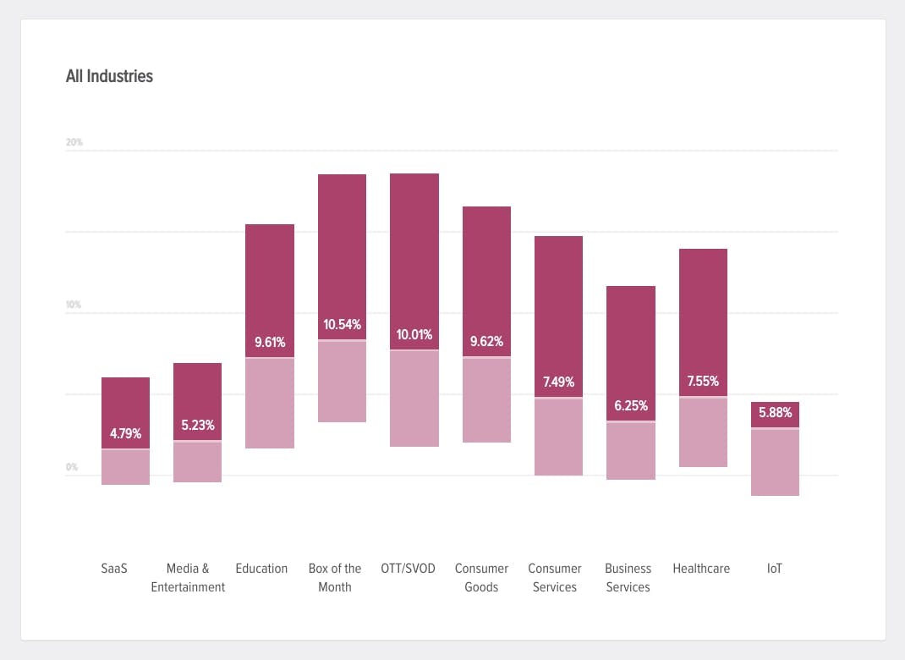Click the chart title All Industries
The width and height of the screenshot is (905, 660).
(x=109, y=76)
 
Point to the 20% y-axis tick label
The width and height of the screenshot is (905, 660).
(x=74, y=142)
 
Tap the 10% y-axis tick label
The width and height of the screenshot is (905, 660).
(x=74, y=305)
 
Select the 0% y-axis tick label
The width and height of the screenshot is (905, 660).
(x=72, y=467)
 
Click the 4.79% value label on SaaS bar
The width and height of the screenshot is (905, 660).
(x=125, y=434)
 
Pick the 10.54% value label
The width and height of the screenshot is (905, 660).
(x=342, y=325)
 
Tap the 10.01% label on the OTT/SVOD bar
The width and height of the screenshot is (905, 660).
(x=414, y=334)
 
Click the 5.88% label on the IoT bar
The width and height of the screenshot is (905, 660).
(x=775, y=413)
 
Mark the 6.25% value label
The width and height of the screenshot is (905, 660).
(x=630, y=406)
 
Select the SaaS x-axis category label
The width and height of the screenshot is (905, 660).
(x=114, y=569)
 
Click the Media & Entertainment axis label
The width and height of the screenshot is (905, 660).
(x=188, y=578)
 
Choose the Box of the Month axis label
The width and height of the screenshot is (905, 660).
(x=335, y=578)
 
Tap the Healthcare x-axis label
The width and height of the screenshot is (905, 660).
(x=701, y=569)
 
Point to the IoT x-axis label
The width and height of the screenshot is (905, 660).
(x=775, y=569)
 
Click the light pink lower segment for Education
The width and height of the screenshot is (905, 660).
(x=270, y=404)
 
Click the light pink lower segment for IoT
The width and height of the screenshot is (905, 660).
(x=775, y=462)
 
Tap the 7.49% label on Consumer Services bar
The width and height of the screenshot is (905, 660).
(x=558, y=382)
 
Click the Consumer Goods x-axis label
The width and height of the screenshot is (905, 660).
(x=481, y=578)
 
